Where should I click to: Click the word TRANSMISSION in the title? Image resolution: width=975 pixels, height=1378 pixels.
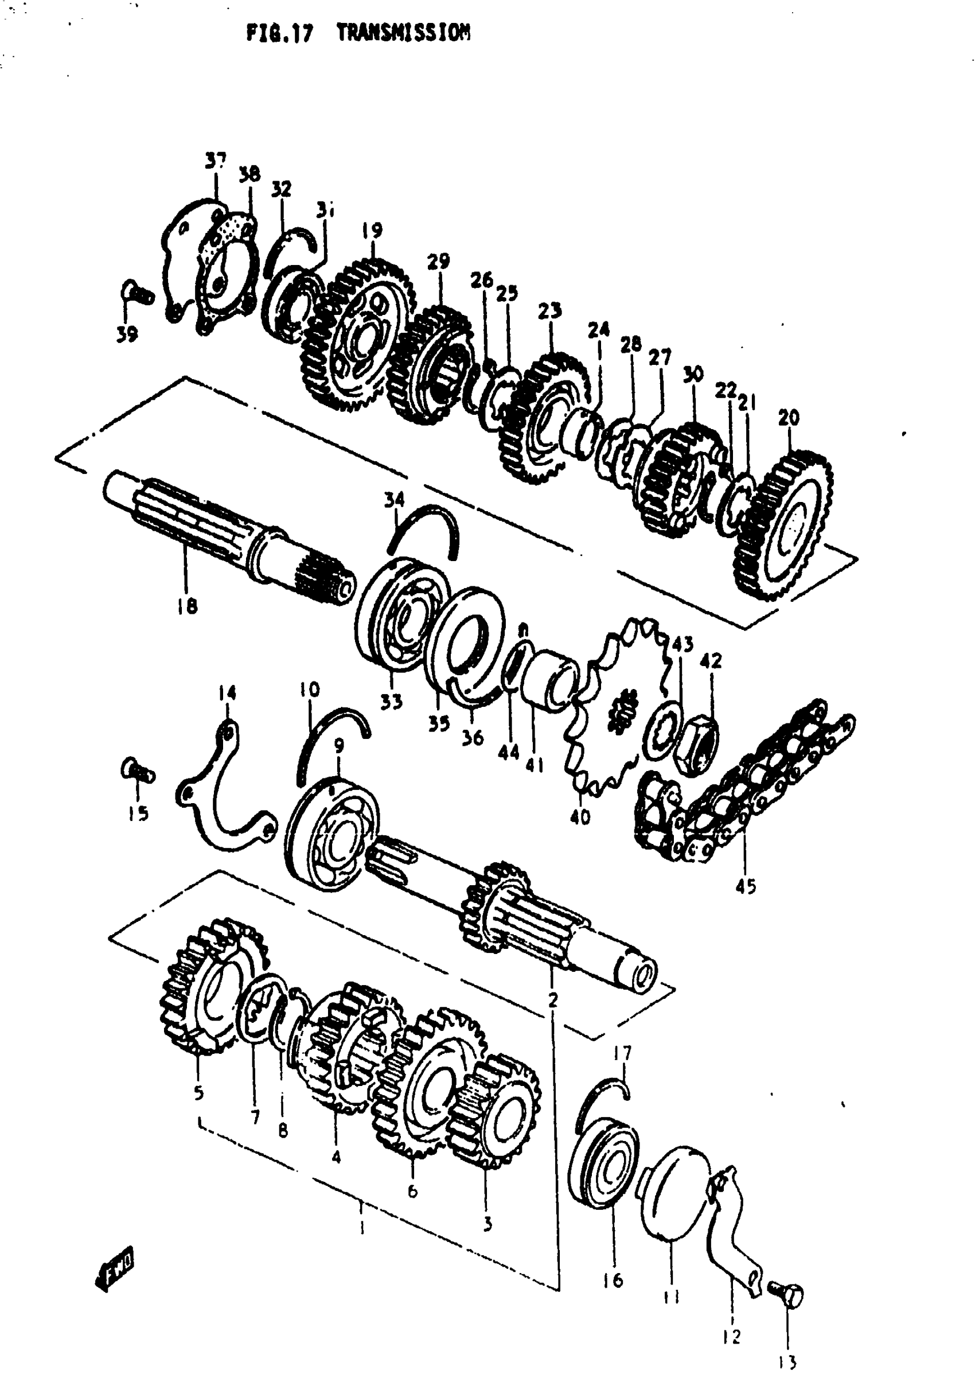tap(403, 33)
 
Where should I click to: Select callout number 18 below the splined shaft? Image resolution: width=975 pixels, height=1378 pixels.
tap(187, 607)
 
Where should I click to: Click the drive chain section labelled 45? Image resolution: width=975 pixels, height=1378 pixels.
tap(744, 781)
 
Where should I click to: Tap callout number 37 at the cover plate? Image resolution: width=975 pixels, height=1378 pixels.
tap(216, 161)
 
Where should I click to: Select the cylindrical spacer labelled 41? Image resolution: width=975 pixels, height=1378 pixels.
tap(549, 679)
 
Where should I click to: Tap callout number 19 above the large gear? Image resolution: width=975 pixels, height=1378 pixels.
tap(372, 230)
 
